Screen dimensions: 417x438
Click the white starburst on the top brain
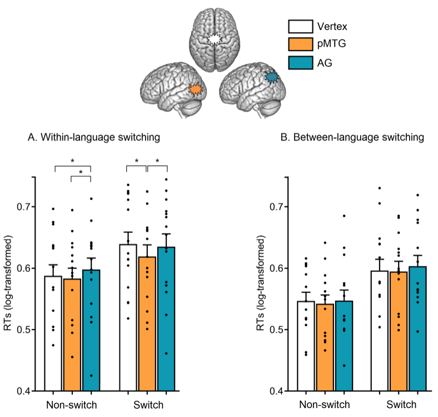point(214,39)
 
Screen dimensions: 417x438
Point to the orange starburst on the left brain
point(194,90)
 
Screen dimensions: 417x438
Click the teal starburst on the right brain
point(271,77)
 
